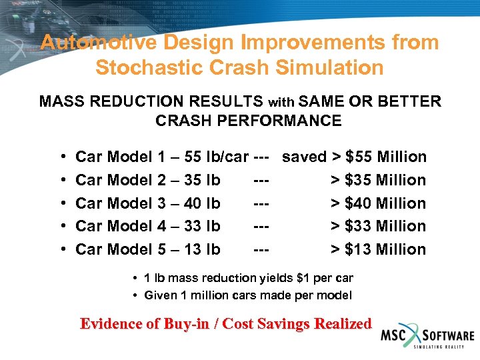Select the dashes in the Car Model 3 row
[261, 203]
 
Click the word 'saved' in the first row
[304, 157]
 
